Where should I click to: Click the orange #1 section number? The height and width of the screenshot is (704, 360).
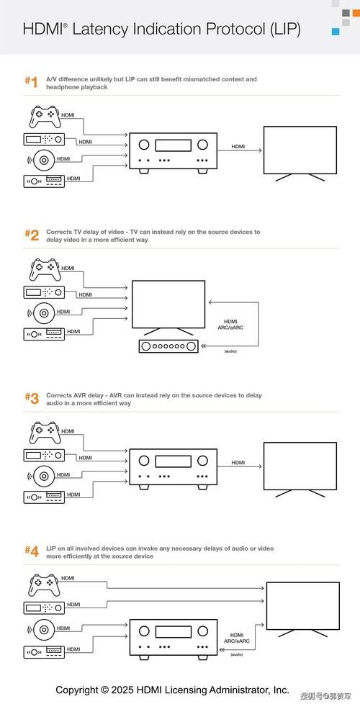click(x=31, y=82)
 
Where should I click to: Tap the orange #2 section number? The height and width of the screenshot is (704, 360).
click(x=32, y=235)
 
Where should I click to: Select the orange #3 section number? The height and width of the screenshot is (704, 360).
click(x=32, y=398)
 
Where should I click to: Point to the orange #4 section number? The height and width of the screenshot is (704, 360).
click(x=32, y=551)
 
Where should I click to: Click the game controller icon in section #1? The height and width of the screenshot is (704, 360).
click(x=45, y=117)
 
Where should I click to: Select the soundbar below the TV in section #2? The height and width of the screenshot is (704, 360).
click(x=168, y=347)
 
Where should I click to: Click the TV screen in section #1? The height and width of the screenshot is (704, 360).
click(x=300, y=150)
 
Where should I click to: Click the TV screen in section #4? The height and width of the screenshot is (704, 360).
click(x=303, y=606)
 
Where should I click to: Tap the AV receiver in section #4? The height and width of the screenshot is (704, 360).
click(x=174, y=640)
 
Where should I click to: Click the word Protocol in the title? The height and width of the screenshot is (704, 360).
click(x=236, y=30)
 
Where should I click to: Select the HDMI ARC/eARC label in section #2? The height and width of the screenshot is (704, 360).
click(x=230, y=325)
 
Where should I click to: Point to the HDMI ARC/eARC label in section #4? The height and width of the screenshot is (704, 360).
click(x=237, y=638)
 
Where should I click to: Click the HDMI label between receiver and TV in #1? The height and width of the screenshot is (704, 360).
click(x=238, y=146)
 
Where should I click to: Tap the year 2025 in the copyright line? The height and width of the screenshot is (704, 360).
click(x=123, y=689)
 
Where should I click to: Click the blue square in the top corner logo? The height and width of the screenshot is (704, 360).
click(x=336, y=32)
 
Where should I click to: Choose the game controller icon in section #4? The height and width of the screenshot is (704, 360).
click(x=45, y=585)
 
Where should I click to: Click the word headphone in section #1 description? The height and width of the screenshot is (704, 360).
click(x=63, y=88)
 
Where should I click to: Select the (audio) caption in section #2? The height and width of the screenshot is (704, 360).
click(x=230, y=351)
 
